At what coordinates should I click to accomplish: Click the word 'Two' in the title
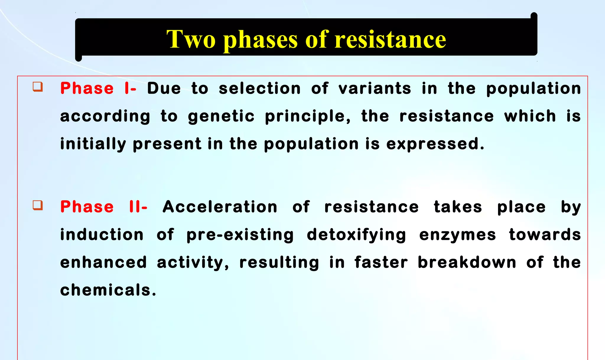pos(191,39)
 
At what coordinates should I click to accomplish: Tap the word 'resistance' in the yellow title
pos(390,39)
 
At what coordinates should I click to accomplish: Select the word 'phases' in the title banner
pos(260,40)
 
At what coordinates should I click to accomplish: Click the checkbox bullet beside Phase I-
pos(38,87)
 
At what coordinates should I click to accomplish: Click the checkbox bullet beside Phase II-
pos(38,205)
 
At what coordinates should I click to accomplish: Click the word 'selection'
pos(260,88)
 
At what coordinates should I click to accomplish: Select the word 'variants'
pos(375,88)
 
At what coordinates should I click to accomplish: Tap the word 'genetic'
pos(221,116)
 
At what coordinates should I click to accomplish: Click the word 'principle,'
pos(308,116)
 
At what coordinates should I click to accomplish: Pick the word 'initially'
pos(93,144)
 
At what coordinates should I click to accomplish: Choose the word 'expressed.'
pos(435,144)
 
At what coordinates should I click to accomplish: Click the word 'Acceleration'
pos(220,206)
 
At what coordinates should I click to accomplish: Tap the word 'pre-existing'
pos(240,235)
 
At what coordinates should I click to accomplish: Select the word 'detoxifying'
pos(356,235)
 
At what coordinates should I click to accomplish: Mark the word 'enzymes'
pos(458,235)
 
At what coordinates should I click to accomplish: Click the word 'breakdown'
pos(467,262)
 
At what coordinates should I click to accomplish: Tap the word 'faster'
pos(381,262)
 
